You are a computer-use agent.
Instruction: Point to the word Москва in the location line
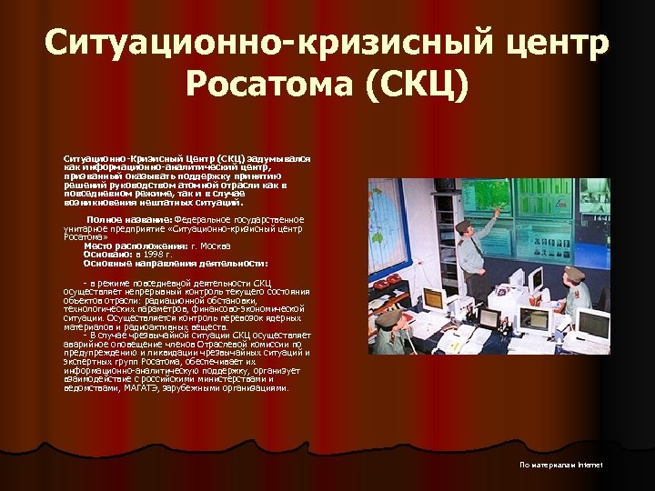point(217,246)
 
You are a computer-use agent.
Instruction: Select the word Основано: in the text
point(109,255)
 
